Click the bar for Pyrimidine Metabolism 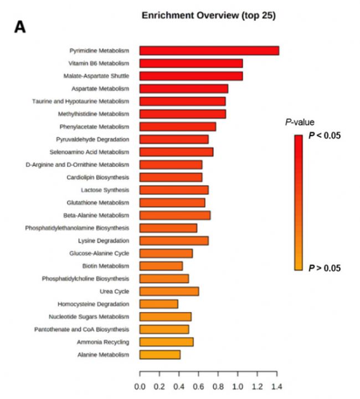tap(209, 50)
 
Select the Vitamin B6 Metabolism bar tap(191, 63)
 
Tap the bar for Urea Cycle tap(169, 291)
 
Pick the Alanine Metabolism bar tap(160, 355)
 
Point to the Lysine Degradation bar tap(174, 241)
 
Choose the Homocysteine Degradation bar tap(158, 304)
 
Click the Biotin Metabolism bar tap(161, 266)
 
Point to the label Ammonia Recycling tap(103, 342)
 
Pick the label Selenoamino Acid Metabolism tap(92, 152)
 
